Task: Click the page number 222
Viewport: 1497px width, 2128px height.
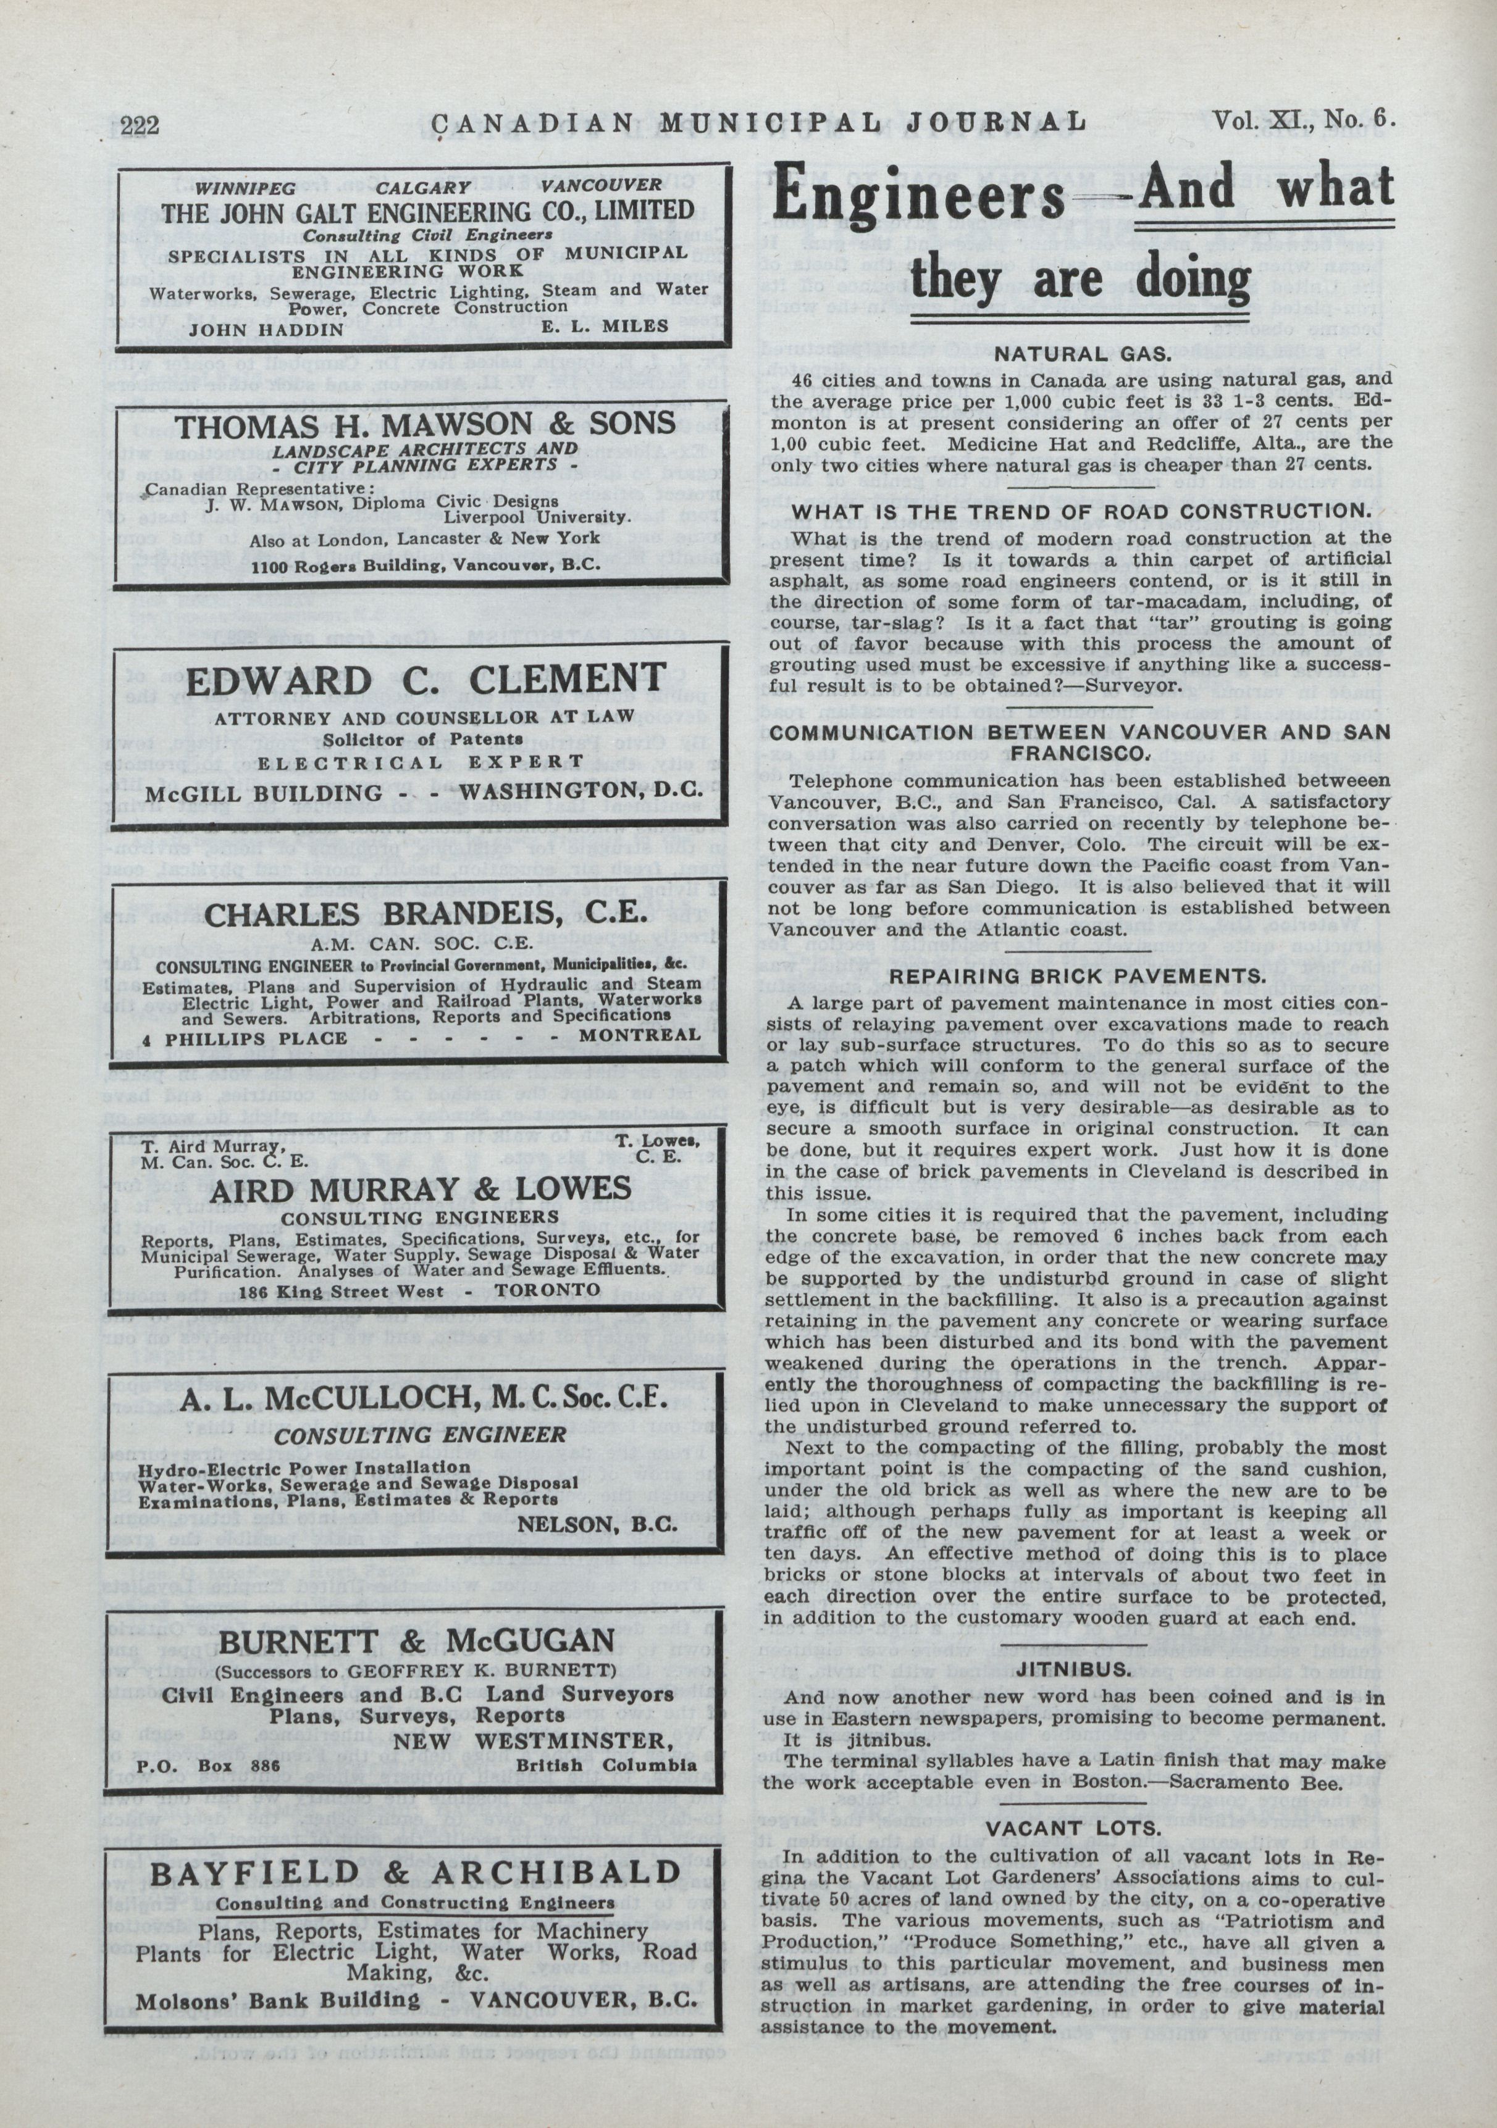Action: point(141,124)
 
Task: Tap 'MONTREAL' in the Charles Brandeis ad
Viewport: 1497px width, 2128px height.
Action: point(640,1034)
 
